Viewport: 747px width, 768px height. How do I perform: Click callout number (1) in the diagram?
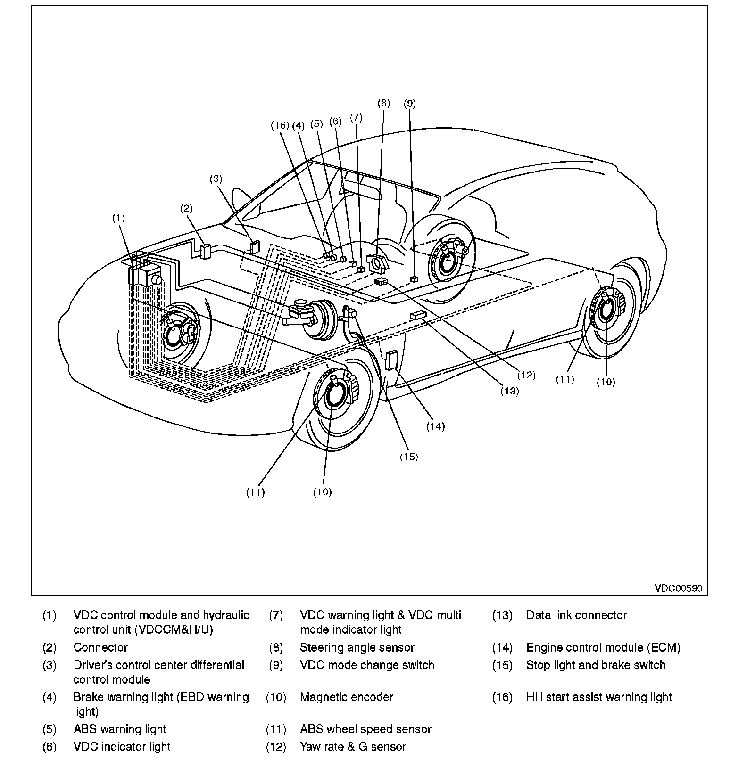click(118, 218)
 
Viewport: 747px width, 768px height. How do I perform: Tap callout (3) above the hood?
click(216, 179)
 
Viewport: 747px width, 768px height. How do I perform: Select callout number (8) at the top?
click(384, 103)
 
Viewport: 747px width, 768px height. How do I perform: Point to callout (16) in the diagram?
click(279, 125)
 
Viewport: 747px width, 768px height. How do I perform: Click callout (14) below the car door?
click(435, 426)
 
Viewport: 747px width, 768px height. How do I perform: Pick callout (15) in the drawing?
click(409, 457)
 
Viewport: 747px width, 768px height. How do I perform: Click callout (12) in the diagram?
click(526, 375)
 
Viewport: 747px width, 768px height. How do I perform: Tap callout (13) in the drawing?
click(509, 391)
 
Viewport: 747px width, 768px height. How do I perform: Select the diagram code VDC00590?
click(678, 588)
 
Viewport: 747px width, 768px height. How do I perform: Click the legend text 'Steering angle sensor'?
click(357, 647)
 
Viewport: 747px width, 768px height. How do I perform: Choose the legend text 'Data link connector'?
click(576, 615)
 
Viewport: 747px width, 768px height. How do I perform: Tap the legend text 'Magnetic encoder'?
click(347, 697)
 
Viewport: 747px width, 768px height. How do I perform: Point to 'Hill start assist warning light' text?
click(599, 697)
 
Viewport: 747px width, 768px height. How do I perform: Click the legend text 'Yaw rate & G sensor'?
click(353, 746)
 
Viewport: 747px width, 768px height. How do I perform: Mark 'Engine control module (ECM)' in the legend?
click(603, 647)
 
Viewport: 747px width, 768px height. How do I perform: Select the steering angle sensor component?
click(378, 262)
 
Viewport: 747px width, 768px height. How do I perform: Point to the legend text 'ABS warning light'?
click(120, 729)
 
